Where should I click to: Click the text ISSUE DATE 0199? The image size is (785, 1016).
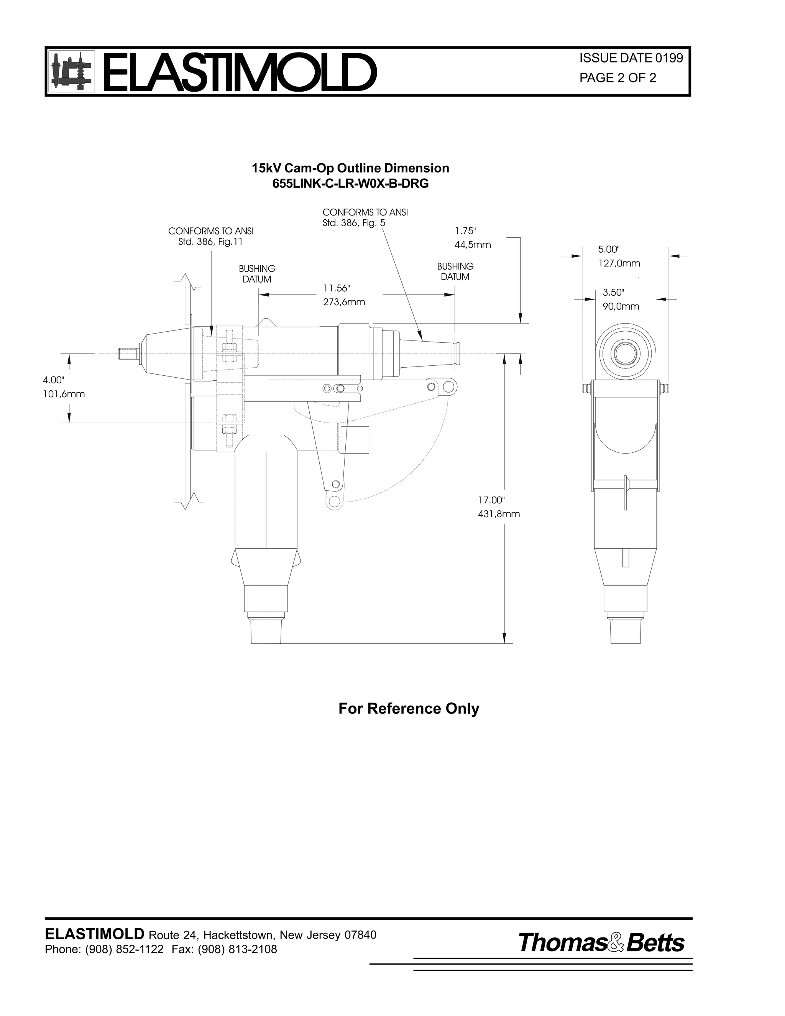pos(631,58)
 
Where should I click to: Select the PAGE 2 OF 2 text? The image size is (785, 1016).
pos(617,78)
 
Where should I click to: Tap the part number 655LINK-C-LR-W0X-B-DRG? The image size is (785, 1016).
pos(350,184)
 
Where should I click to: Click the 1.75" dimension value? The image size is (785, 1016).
pos(465,231)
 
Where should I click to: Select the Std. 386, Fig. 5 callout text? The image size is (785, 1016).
pos(353,223)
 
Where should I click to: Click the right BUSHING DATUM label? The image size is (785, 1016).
pos(455,272)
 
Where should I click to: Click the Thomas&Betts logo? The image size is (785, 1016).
pos(601,943)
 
